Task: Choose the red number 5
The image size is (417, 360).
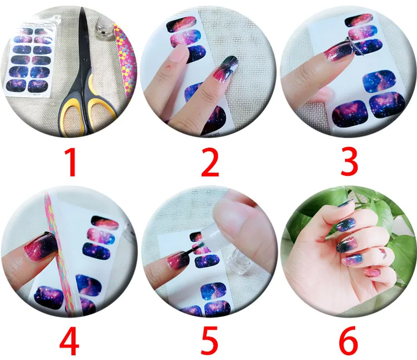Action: pos(209,342)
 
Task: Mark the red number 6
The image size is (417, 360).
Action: pos(348,342)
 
